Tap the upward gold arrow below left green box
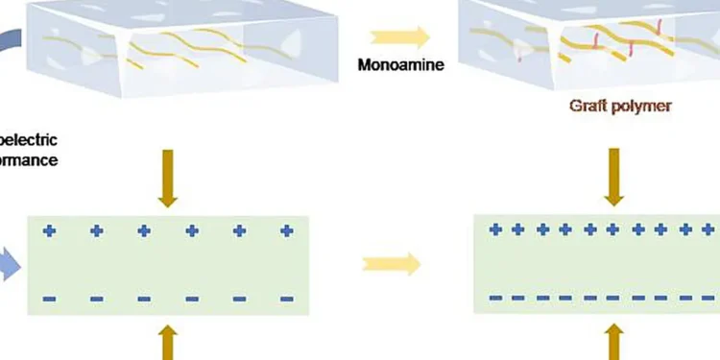[x=168, y=341]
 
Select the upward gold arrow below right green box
[x=613, y=341]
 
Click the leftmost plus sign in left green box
[x=49, y=231]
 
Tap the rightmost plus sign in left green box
[x=285, y=231]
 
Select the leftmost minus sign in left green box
[x=49, y=300]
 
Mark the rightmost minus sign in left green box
[x=285, y=300]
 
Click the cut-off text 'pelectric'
[x=29, y=141]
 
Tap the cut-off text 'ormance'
[x=29, y=160]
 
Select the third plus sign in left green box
[x=144, y=231]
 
